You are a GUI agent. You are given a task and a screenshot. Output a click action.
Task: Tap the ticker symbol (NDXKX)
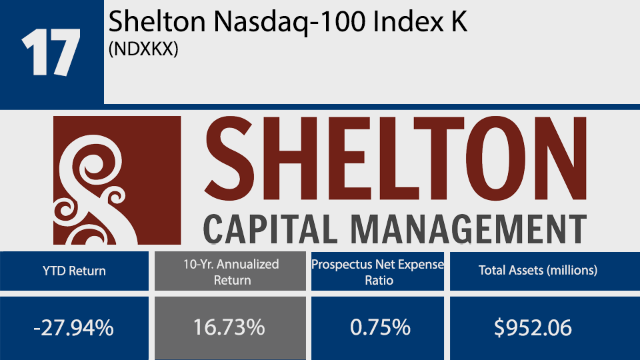(x=143, y=51)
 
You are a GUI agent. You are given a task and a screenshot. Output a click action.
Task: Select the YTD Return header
(x=73, y=271)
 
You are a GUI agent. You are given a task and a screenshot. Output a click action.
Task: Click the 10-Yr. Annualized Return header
(x=230, y=271)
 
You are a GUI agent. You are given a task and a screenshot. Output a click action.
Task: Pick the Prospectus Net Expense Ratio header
(x=377, y=271)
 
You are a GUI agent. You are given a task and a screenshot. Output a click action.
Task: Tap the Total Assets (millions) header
(x=538, y=271)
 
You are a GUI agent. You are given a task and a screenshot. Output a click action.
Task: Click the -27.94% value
(x=73, y=328)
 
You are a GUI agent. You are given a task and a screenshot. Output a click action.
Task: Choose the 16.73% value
(x=230, y=328)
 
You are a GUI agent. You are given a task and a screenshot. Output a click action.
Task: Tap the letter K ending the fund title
(x=460, y=23)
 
